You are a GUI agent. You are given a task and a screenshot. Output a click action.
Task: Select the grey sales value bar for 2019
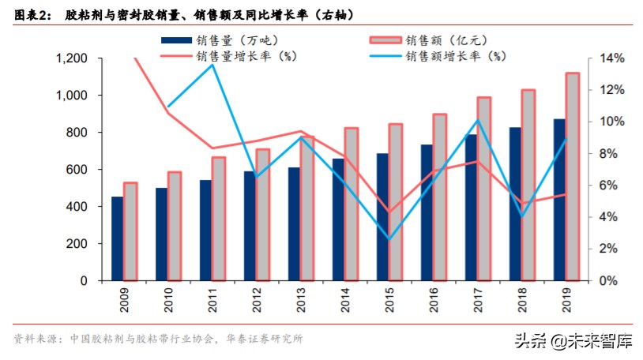[573, 177]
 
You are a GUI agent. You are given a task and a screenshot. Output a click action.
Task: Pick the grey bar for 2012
[263, 215]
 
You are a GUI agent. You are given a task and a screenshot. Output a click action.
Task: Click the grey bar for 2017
[484, 189]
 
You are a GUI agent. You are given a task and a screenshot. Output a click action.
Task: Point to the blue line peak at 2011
[213, 65]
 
